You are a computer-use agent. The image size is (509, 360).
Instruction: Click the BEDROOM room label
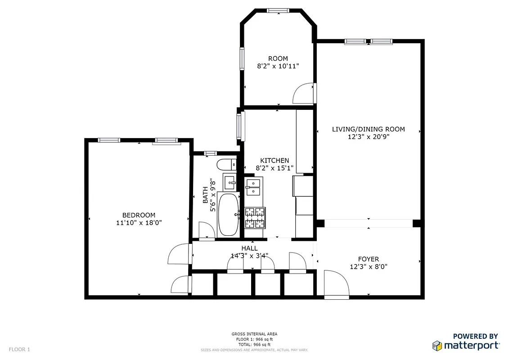[x=139, y=215]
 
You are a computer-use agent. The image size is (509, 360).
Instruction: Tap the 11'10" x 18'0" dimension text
[x=139, y=222]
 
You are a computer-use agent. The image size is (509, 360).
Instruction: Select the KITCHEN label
[x=275, y=161]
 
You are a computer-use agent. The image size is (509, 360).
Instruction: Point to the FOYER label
[x=368, y=259]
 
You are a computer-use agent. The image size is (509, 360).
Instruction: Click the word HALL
[x=249, y=248]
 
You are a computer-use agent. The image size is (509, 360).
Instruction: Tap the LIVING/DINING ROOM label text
[x=368, y=129]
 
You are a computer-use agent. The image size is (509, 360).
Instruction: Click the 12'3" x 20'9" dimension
[x=368, y=137]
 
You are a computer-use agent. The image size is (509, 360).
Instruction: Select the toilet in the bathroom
[x=224, y=165]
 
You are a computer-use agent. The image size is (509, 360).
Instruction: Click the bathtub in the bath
[x=228, y=214]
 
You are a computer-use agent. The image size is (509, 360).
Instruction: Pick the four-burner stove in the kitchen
[x=255, y=217]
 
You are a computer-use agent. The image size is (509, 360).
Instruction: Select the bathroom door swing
[x=206, y=230]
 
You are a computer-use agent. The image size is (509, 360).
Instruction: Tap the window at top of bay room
[x=277, y=10]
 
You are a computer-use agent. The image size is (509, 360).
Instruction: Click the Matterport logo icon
[x=437, y=346]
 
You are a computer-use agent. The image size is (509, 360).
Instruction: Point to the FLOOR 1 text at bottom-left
[x=19, y=349]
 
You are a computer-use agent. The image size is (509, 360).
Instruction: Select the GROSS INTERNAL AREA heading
[x=254, y=334]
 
